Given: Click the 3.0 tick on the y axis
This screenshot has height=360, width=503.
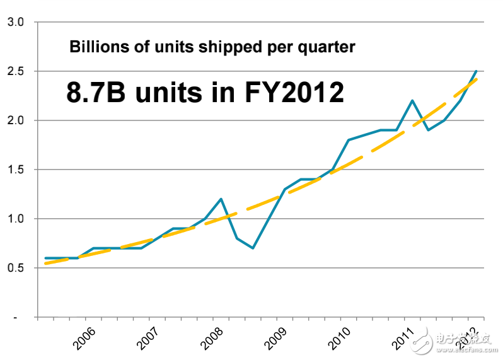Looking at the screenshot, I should point(14,22).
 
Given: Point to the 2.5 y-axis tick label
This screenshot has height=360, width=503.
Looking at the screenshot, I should point(14,71).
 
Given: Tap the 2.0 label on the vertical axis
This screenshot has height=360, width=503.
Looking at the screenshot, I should point(14,120).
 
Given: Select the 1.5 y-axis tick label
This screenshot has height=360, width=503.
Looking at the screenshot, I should point(14,170).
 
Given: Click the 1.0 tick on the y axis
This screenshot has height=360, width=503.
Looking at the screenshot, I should point(14,219).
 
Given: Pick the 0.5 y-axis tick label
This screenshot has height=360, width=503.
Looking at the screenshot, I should point(14,268).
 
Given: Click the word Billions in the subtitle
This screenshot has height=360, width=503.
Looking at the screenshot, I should point(92,47).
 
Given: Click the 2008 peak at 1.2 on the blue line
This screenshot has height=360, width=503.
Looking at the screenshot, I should point(221,199).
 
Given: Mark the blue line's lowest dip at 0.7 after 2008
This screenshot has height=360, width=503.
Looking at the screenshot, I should point(253,248).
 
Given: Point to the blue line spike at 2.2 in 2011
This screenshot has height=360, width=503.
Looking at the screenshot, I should point(412,101).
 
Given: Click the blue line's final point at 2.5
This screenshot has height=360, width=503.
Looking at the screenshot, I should point(476,71).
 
